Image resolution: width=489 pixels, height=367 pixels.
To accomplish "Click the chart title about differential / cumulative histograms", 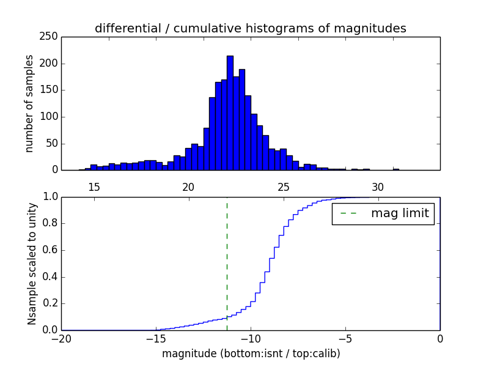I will coord(250,28).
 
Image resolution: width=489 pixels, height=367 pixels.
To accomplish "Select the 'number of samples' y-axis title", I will coord(29,103).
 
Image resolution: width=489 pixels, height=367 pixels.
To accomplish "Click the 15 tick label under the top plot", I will coord(94,187).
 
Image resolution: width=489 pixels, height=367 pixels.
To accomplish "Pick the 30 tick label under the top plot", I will coord(378,187).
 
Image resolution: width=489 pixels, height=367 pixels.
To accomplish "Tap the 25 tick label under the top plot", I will coord(284,187).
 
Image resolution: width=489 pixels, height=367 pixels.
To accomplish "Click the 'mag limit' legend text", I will coord(400,213).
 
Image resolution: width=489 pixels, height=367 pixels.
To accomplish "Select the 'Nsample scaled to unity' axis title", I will coord(32,264).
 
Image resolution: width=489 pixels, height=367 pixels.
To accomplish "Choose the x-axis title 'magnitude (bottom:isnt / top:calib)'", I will coord(251,354).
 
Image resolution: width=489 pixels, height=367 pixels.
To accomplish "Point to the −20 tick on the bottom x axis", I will coord(61,339).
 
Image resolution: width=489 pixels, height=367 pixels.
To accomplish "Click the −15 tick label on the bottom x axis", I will coord(155,339).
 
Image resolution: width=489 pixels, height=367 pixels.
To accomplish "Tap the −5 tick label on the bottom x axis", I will coord(345,339).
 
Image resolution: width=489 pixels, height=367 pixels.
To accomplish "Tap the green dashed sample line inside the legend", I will coord(349,213).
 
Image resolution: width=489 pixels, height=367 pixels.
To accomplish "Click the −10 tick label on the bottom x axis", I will coord(250,339).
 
